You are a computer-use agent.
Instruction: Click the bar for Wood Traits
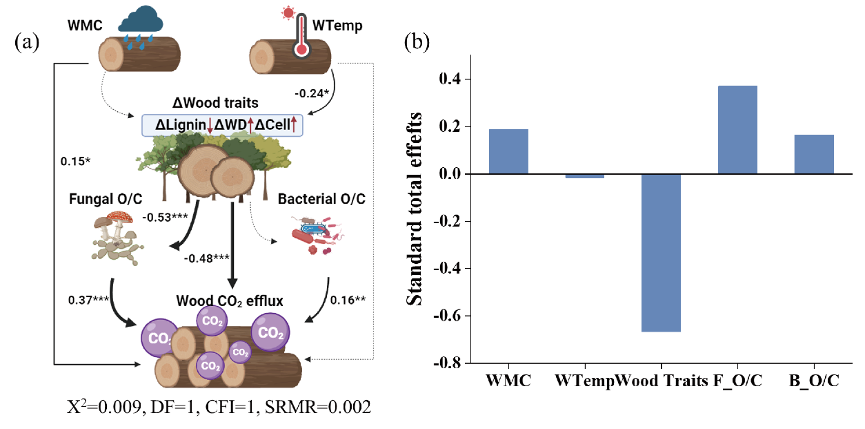coord(661,253)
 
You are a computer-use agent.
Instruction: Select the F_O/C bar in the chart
coord(737,130)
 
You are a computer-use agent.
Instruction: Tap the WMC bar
coord(509,151)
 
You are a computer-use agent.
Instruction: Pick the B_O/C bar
coord(814,154)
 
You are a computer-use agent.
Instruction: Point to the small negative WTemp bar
coord(585,176)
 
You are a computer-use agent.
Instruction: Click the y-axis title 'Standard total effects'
coord(415,207)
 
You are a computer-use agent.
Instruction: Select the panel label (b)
coord(417,43)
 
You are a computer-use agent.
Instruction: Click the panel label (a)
coord(27,43)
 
